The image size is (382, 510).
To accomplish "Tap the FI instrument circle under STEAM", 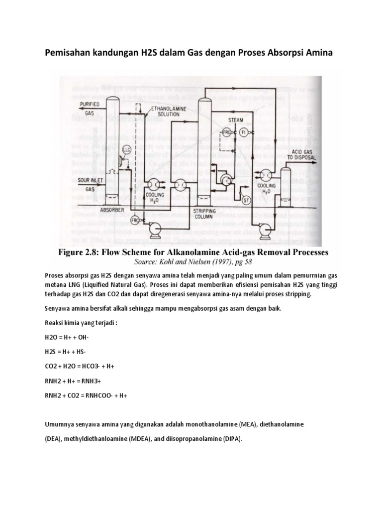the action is pyautogui.click(x=244, y=132).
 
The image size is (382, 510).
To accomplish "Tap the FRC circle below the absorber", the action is pyautogui.click(x=135, y=219).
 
